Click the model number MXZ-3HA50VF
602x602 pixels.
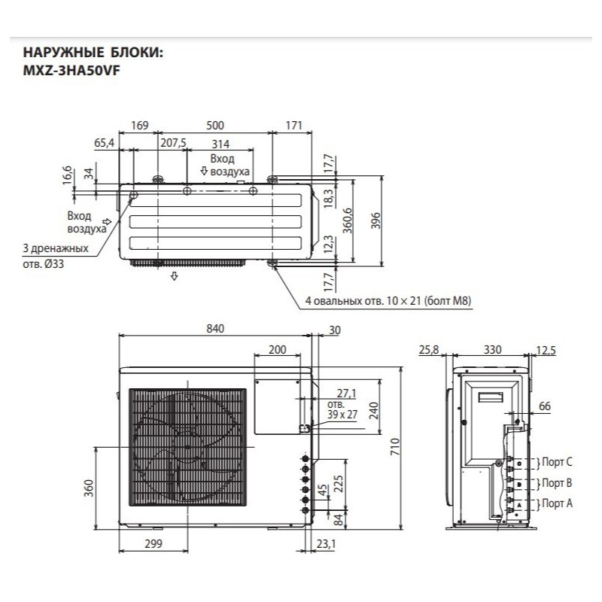click(71, 70)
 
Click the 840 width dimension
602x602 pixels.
click(216, 329)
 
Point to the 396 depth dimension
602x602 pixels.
click(376, 220)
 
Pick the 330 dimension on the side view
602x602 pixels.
click(491, 350)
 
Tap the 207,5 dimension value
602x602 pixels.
click(173, 144)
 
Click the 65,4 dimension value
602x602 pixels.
click(105, 143)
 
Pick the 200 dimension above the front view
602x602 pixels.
click(277, 350)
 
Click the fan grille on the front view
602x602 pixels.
click(187, 448)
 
